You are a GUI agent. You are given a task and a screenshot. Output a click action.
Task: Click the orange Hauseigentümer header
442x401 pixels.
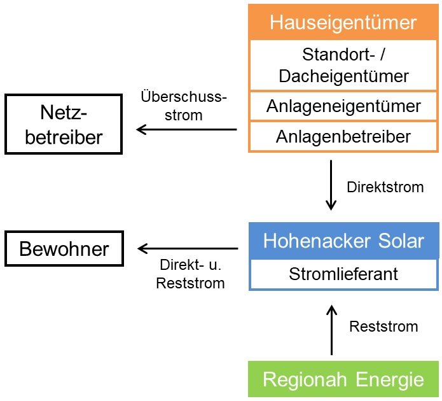tap(343, 23)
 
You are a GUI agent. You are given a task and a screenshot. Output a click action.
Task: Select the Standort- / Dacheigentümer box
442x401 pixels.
tap(343, 65)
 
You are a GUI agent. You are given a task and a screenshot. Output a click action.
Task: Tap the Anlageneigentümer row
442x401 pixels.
tap(343, 106)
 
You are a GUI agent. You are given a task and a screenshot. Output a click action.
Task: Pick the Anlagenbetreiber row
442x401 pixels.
tap(343, 136)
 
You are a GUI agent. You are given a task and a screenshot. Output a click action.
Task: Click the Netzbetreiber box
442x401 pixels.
tap(63, 125)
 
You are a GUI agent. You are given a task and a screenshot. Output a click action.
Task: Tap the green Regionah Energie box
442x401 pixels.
tap(343, 380)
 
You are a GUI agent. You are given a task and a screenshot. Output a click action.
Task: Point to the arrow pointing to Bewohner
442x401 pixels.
tap(188, 249)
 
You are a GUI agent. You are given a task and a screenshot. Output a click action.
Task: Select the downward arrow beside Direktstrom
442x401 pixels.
tap(331, 186)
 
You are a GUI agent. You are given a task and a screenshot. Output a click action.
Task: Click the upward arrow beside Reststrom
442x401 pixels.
tap(331, 330)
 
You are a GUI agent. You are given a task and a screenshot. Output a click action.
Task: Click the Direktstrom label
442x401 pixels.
tap(385, 188)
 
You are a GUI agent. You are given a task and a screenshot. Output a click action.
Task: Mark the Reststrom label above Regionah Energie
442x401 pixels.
tap(383, 327)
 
